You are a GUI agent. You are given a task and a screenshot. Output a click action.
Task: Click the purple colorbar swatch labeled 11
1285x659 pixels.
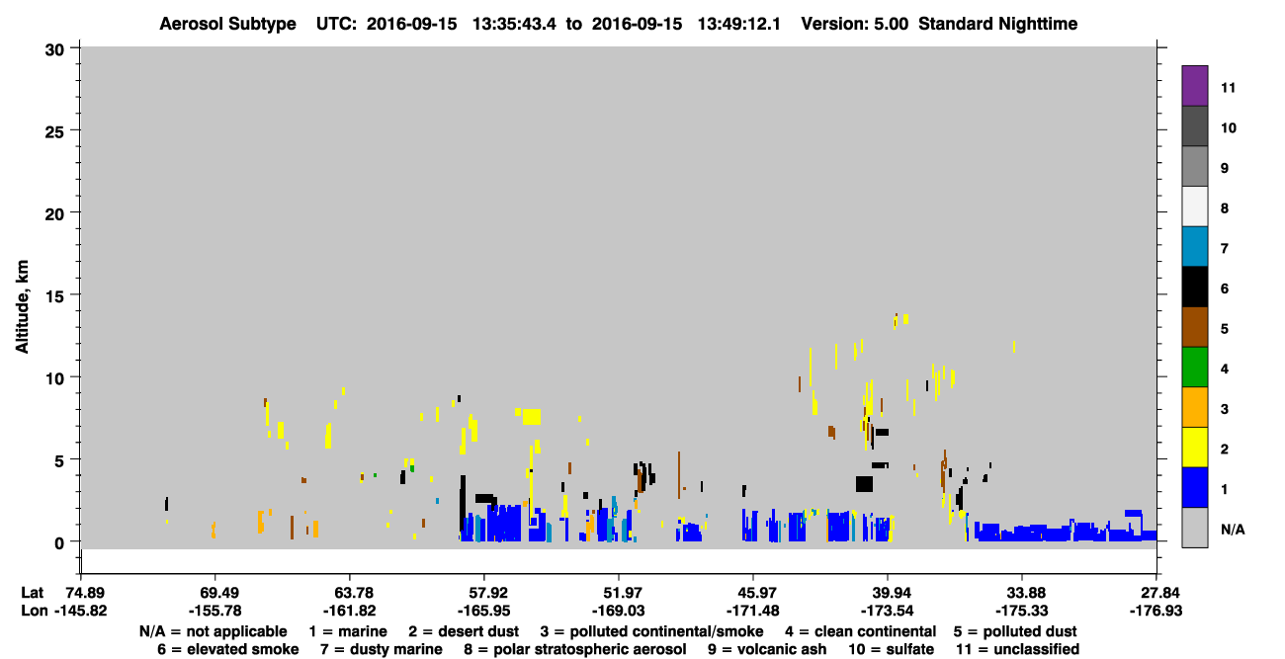click(1194, 85)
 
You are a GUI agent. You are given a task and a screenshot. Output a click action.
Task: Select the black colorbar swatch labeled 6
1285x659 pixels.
click(1194, 287)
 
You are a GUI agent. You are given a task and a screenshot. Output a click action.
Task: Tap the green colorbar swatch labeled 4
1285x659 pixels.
click(1194, 368)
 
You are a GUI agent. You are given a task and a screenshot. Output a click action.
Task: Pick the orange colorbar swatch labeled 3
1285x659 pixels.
click(1194, 407)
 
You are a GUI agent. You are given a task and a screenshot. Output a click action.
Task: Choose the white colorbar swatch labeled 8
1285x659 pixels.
click(1194, 206)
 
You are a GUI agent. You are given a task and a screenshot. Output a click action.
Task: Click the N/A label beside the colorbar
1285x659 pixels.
click(1233, 530)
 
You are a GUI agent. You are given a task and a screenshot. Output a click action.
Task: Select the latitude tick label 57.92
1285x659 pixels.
click(484, 593)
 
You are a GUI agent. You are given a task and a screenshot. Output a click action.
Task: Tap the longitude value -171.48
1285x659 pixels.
click(752, 611)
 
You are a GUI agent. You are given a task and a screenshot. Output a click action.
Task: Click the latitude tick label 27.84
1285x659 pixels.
click(1156, 593)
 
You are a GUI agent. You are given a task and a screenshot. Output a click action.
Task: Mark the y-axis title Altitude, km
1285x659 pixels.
click(22, 306)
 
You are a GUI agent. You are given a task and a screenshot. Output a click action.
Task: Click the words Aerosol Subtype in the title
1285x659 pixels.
click(227, 24)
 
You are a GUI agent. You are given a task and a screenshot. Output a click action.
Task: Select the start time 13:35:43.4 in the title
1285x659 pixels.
click(514, 24)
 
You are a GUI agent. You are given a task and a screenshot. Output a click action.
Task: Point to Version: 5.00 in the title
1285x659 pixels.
click(855, 24)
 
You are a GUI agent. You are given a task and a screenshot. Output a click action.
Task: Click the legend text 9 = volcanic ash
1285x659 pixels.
click(767, 649)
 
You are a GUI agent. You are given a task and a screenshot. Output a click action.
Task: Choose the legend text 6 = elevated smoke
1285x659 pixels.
click(228, 649)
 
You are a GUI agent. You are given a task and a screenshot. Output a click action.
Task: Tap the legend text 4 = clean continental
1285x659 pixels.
click(861, 631)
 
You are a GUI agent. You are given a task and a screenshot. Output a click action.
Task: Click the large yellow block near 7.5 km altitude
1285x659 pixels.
click(531, 416)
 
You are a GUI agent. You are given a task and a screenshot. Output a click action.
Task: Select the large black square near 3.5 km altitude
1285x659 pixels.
click(864, 484)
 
